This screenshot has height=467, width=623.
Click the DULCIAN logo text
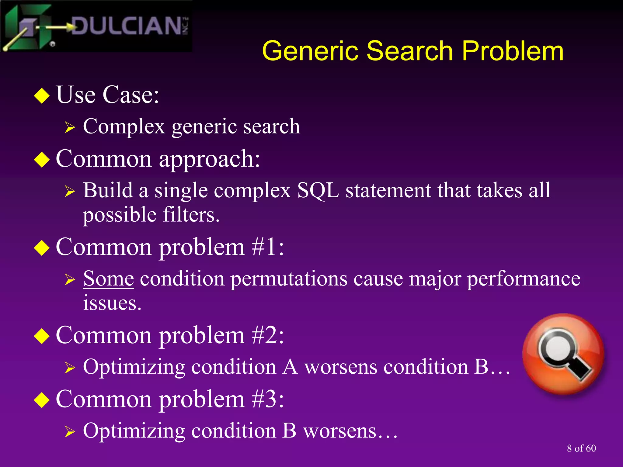[126, 26]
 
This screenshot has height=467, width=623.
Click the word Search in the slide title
[410, 51]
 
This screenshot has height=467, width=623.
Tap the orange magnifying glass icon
[563, 355]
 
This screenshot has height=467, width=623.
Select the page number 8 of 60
[581, 448]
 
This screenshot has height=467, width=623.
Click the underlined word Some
[109, 278]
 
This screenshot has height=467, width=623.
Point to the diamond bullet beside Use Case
[42, 96]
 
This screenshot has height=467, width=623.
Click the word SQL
[318, 191]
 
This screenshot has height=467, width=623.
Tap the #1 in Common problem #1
[264, 247]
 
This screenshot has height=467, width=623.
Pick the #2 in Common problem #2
[264, 335]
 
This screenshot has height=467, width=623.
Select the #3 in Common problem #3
[264, 399]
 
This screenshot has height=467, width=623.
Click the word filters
[191, 215]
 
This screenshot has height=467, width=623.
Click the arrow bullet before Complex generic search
[70, 127]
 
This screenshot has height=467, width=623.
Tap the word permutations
[289, 278]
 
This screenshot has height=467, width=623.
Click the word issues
[112, 303]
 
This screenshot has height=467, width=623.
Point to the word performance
[523, 278]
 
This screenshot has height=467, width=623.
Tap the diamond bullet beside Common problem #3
[42, 400]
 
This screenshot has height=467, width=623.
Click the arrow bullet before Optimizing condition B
[70, 431]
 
